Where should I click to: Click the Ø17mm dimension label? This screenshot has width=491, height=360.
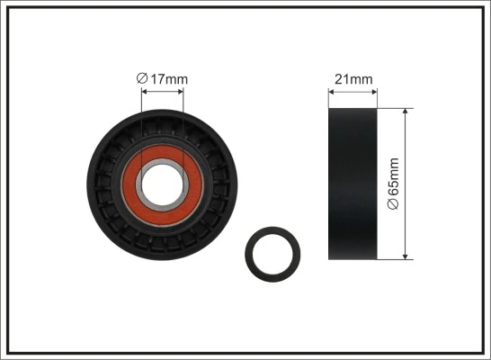pos(163,79)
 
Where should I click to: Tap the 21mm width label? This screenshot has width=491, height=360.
pos(353,79)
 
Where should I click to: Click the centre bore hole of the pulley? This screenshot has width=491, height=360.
pos(163,184)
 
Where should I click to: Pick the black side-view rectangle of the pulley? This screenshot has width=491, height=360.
pos(353,184)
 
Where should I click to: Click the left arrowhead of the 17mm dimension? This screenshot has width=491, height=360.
pos(145,92)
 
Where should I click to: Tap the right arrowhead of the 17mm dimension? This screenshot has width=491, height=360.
pos(181,92)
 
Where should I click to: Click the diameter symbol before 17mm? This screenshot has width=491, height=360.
pos(141,79)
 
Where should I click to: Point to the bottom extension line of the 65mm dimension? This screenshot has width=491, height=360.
pos(396,260)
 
